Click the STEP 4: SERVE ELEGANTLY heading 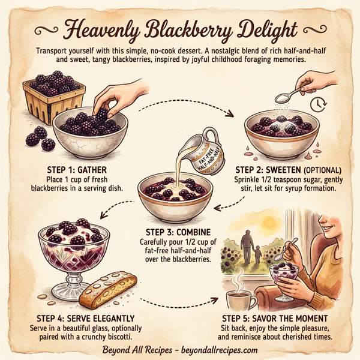(x=77, y=317)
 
